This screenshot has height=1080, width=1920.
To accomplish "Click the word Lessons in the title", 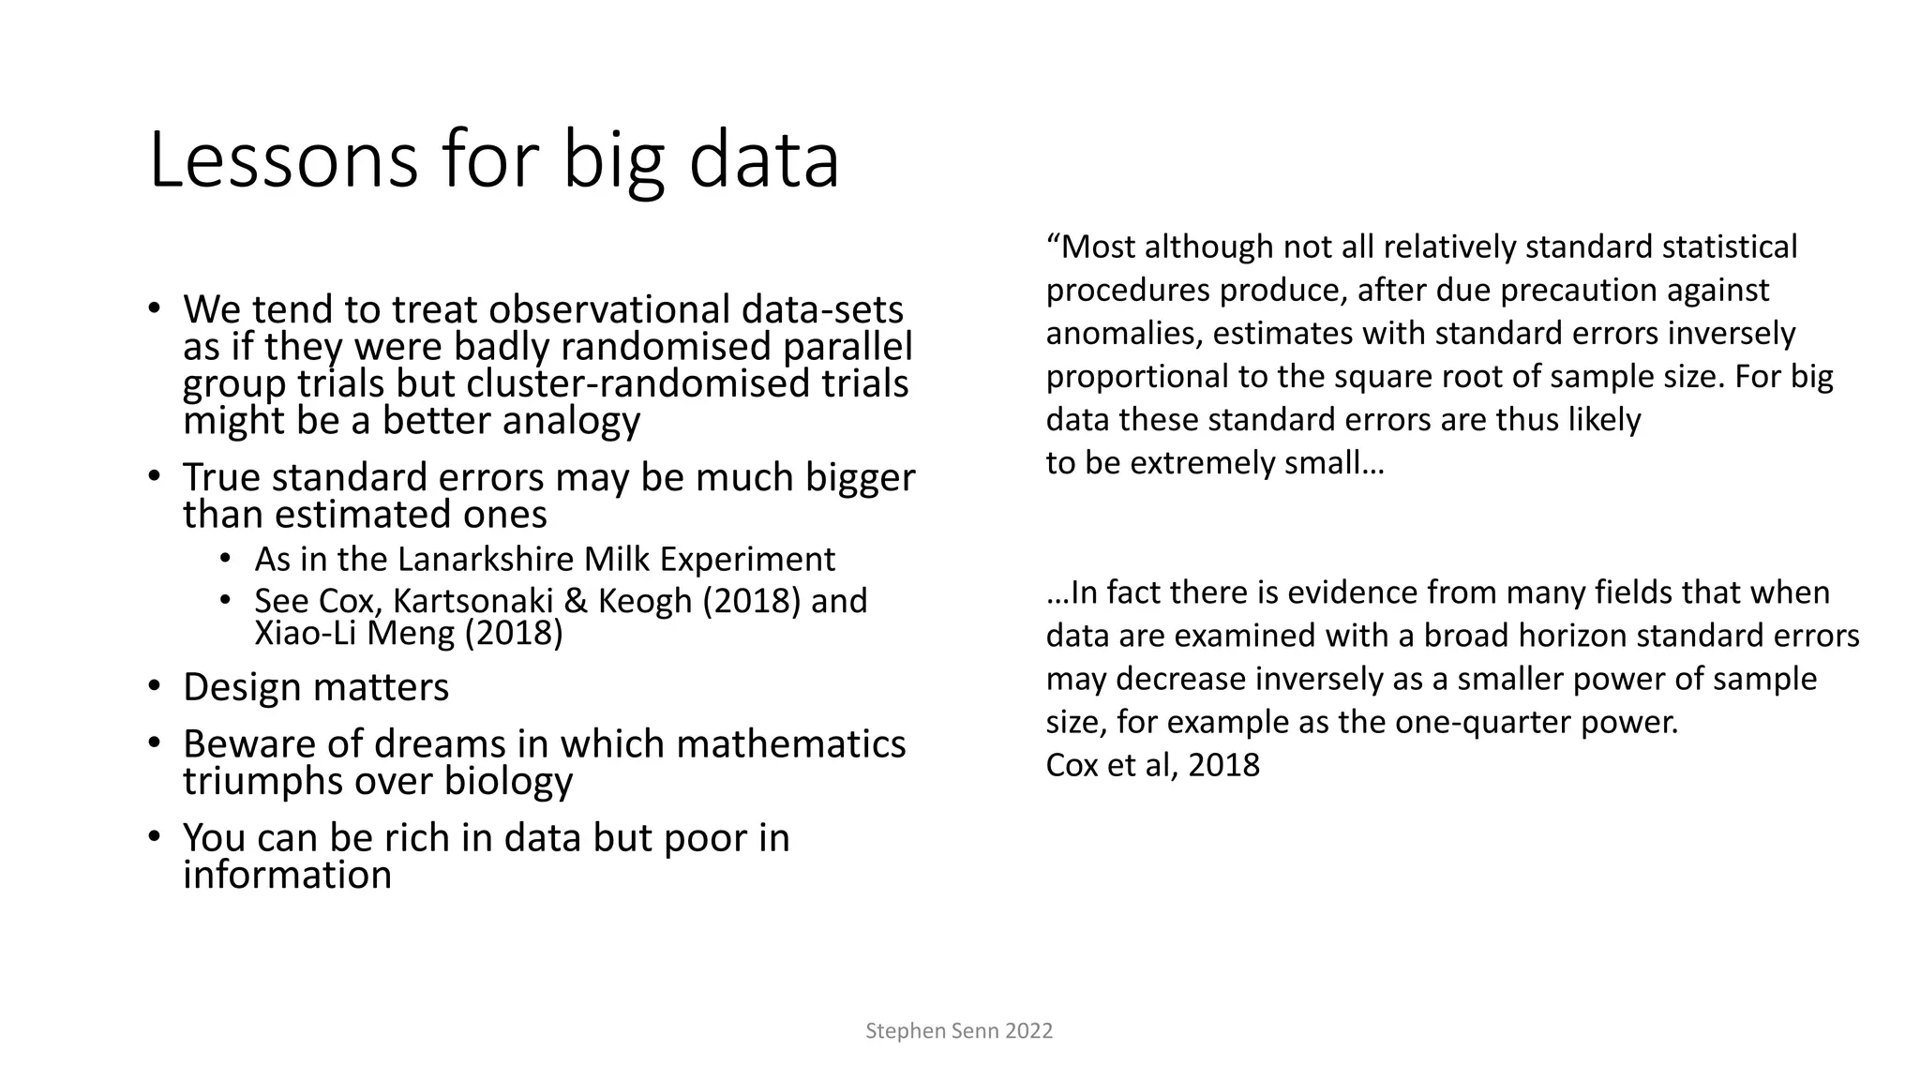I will tap(282, 161).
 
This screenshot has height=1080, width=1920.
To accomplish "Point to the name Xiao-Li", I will tap(306, 634).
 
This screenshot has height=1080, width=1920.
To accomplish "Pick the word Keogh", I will tap(646, 601).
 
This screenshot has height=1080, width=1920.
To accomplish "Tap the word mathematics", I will tap(790, 744).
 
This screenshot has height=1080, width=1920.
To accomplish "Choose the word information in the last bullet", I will tap(287, 876).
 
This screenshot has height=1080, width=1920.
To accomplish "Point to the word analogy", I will tap(571, 421).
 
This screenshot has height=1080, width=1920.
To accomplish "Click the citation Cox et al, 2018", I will tap(1152, 766).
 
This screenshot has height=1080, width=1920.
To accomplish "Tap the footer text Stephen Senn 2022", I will tap(959, 1031).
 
